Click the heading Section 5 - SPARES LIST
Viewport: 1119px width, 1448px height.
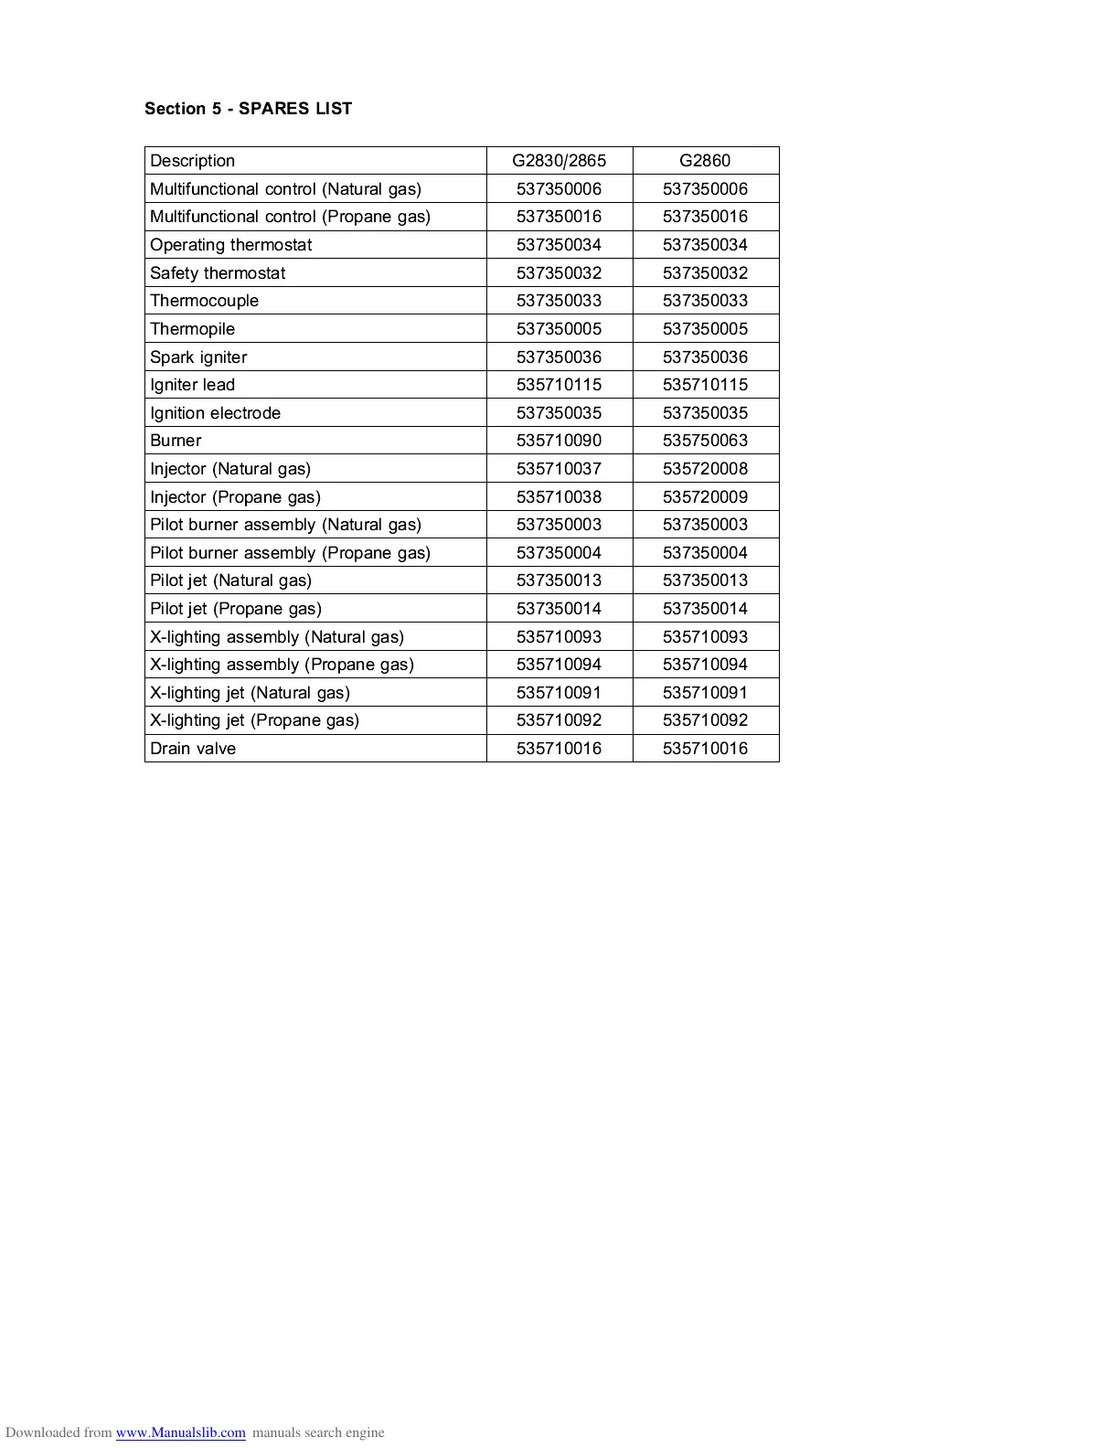pyautogui.click(x=248, y=109)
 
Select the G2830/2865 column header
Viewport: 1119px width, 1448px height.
pyautogui.click(x=559, y=161)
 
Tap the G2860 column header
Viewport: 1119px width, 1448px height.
pyautogui.click(x=705, y=161)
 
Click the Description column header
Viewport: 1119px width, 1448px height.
pyautogui.click(x=193, y=161)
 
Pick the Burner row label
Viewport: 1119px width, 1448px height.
pyautogui.click(x=176, y=441)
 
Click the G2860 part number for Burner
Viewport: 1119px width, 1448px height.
pyautogui.click(x=705, y=441)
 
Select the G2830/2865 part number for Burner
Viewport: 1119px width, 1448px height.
pyautogui.click(x=559, y=441)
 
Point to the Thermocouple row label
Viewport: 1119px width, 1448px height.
pyautogui.click(x=205, y=301)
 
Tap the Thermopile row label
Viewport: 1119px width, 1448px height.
pyautogui.click(x=193, y=329)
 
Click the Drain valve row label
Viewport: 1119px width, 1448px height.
pyautogui.click(x=193, y=749)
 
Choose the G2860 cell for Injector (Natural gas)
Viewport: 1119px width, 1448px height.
pyautogui.click(x=705, y=469)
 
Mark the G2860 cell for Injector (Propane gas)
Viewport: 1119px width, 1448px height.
pyautogui.click(x=705, y=497)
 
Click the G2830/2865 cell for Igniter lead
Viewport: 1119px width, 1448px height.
pyautogui.click(x=559, y=385)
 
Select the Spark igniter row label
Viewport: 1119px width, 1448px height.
pyautogui.click(x=198, y=357)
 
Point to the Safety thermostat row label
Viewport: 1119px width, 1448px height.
pyautogui.click(x=218, y=273)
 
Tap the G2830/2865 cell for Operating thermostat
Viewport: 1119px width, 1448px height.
pyautogui.click(x=559, y=245)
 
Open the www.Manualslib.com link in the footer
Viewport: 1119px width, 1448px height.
pyautogui.click(x=180, y=1432)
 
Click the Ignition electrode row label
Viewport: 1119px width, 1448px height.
pyautogui.click(x=216, y=413)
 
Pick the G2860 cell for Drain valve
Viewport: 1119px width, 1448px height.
pyautogui.click(x=705, y=749)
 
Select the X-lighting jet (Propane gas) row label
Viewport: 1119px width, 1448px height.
pyautogui.click(x=255, y=720)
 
